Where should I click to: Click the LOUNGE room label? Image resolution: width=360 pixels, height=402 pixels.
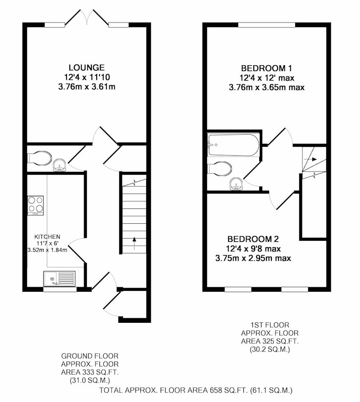click(x=86, y=68)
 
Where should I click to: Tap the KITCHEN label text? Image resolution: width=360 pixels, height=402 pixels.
click(x=47, y=237)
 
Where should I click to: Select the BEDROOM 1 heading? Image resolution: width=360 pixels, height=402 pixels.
click(x=266, y=68)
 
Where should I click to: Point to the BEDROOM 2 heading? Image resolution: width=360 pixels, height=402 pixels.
click(x=253, y=239)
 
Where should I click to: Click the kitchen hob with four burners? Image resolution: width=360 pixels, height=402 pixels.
click(x=36, y=206)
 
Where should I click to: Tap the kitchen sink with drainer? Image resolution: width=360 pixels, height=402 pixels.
click(x=59, y=279)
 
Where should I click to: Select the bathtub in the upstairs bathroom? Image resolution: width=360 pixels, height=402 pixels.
click(x=234, y=145)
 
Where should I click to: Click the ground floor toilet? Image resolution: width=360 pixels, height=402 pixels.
click(x=39, y=157)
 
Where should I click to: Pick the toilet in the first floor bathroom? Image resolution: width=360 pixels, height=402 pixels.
click(x=220, y=168)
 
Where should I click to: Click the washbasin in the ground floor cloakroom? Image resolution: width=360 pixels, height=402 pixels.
click(x=60, y=165)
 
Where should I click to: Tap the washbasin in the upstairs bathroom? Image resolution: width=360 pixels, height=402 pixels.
click(x=236, y=184)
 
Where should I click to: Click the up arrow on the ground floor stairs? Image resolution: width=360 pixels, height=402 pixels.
click(x=134, y=243)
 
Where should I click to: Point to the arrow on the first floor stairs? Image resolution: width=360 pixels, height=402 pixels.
click(x=310, y=159)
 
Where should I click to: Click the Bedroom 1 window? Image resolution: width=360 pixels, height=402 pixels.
click(x=267, y=25)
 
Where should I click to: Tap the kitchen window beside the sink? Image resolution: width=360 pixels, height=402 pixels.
click(x=60, y=289)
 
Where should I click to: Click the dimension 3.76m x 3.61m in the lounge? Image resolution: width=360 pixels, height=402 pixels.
click(x=86, y=87)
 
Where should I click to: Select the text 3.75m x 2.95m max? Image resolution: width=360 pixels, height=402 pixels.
click(x=253, y=258)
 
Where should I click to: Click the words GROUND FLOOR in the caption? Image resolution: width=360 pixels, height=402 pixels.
click(x=90, y=356)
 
